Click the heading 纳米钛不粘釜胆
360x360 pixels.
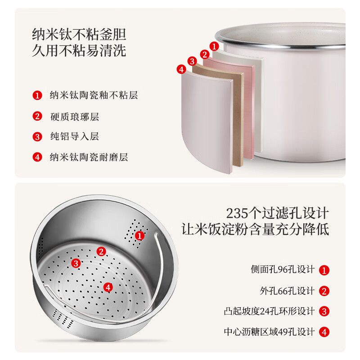click(79, 34)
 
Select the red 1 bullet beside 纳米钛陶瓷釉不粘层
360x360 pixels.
click(37, 95)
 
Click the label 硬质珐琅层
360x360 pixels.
click(74, 117)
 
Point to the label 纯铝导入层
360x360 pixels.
click(74, 137)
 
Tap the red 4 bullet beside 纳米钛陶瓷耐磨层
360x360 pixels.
click(37, 157)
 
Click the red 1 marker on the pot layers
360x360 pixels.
click(215, 46)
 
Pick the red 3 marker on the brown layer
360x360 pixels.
click(192, 61)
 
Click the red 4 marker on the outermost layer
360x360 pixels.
click(181, 69)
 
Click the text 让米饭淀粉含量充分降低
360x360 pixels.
click(255, 229)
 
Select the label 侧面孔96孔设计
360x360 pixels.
click(283, 270)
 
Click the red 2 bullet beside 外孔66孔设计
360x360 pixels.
click(324, 291)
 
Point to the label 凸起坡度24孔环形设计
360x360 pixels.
click(270, 311)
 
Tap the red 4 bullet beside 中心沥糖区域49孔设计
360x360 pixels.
click(324, 332)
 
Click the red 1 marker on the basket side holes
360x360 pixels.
click(140, 235)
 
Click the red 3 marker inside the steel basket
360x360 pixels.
click(76, 263)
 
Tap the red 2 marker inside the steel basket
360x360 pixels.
click(102, 252)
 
